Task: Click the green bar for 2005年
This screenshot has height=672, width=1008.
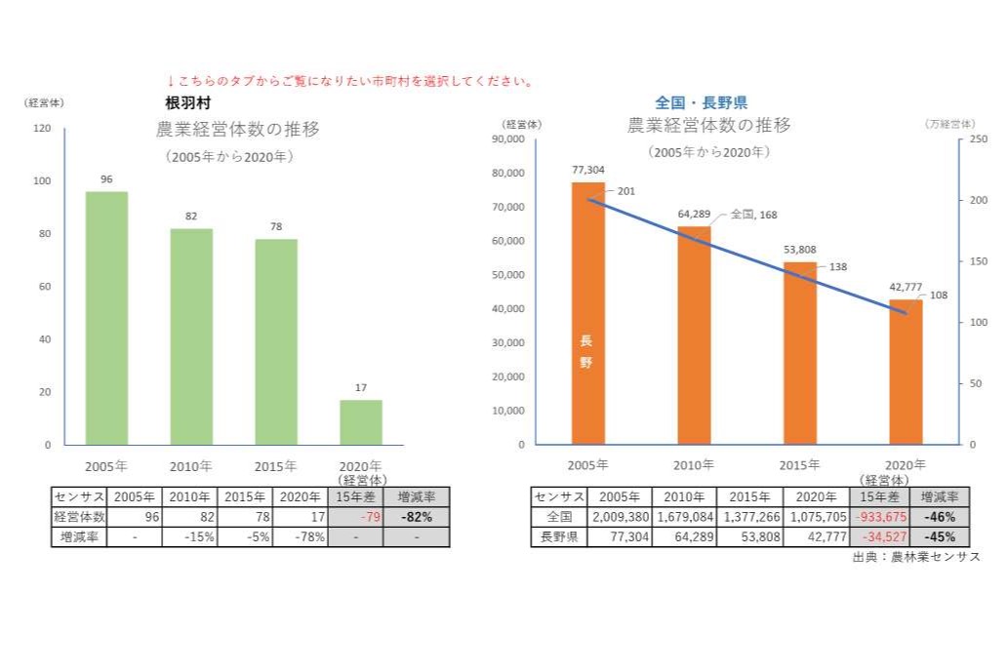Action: pos(106,318)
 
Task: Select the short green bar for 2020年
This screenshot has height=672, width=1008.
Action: pos(360,421)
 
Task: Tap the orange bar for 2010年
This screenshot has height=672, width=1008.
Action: pos(694,336)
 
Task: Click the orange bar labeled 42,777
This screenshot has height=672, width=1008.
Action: pos(906,372)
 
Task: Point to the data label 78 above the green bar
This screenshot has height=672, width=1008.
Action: pos(276,226)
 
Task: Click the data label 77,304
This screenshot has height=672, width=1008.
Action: pos(587,169)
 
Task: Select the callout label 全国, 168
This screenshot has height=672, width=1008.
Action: pos(753,215)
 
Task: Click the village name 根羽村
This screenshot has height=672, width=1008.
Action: pos(188,102)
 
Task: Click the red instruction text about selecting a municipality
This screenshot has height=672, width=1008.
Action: pos(350,81)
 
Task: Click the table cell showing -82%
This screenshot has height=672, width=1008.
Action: pos(417,517)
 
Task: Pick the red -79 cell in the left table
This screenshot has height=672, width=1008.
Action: pos(356,517)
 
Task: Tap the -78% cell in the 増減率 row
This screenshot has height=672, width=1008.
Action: pos(301,536)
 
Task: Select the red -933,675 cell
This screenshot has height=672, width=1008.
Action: pos(877,517)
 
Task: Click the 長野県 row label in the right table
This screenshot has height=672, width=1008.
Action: pos(559,536)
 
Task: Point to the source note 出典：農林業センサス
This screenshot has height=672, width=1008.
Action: pos(915,556)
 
